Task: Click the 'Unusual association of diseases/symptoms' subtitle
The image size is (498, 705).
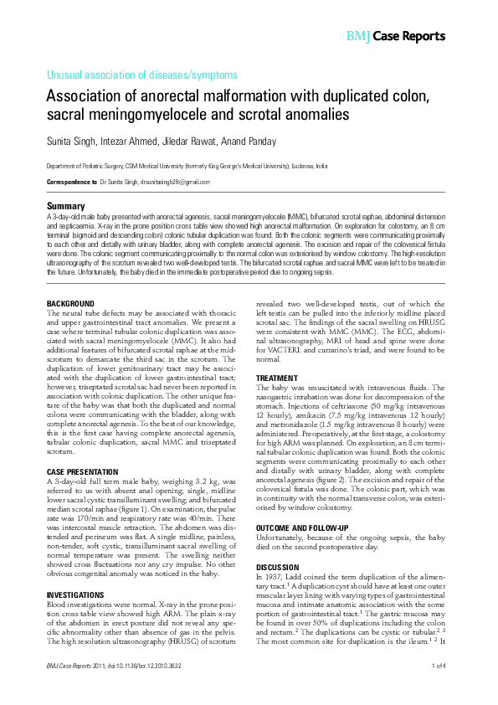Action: (141, 75)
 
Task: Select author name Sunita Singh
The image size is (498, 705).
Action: (70, 141)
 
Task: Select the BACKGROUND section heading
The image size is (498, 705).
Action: (70, 302)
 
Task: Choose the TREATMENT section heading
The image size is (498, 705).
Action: (275, 378)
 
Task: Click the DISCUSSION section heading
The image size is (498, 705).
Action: (277, 567)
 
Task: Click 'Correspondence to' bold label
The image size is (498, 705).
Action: (71, 182)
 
